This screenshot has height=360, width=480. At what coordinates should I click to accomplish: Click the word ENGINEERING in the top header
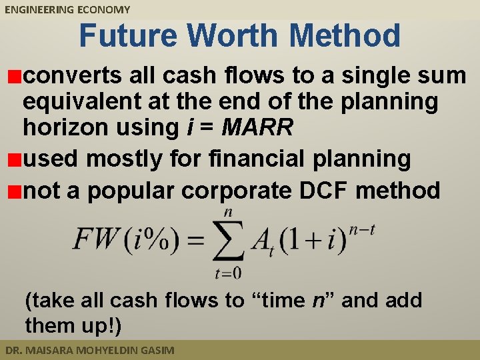pos(37,9)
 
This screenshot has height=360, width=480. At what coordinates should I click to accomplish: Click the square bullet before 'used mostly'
pos(13,160)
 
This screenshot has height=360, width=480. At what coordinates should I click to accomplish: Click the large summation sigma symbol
pos(228,241)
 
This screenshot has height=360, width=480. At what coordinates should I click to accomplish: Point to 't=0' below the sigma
pos(227,273)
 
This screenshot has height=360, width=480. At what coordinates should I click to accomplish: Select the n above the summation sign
pos(228,212)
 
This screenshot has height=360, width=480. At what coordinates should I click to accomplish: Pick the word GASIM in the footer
pos(155,350)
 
